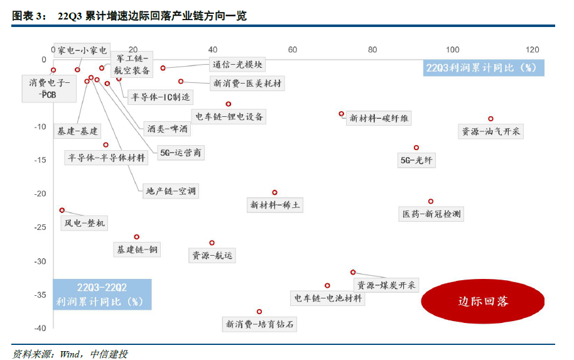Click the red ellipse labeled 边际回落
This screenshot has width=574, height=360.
tap(482, 301)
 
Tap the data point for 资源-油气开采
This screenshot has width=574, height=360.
tap(490, 119)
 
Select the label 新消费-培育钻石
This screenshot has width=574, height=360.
tap(259, 325)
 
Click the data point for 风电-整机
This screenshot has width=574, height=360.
tap(62, 210)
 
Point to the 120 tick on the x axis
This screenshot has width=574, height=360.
tap(533, 50)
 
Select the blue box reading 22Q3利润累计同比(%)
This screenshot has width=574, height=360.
tap(482, 68)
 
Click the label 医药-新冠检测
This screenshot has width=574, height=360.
tap(431, 214)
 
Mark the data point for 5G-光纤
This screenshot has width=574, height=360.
tap(416, 148)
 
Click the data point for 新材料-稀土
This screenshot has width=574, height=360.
tap(274, 192)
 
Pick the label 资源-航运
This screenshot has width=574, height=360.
tap(212, 255)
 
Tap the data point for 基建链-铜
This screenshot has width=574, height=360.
tap(136, 237)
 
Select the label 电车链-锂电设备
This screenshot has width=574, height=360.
tap(229, 117)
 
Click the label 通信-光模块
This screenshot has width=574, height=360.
tap(237, 64)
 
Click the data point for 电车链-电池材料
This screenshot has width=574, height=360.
tap(327, 285)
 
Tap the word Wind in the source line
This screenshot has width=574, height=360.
tap(69, 354)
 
